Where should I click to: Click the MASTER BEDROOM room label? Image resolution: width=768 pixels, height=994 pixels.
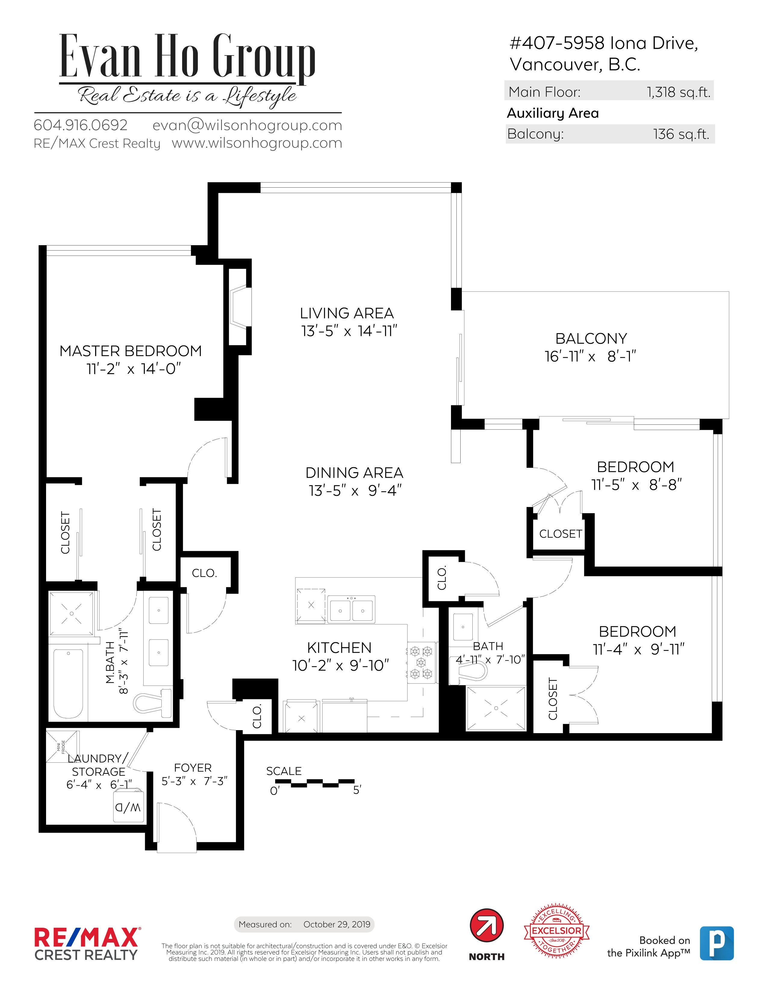pyautogui.click(x=131, y=351)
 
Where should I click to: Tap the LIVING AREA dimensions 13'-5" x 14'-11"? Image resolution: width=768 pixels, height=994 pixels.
pyautogui.click(x=349, y=331)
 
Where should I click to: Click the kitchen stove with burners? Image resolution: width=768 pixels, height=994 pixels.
pyautogui.click(x=421, y=662)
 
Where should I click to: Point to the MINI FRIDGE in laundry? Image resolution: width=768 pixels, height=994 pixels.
pyautogui.click(x=61, y=746)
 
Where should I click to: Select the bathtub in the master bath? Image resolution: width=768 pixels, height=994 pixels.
pyautogui.click(x=69, y=684)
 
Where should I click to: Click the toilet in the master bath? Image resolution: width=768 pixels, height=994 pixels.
pyautogui.click(x=152, y=702)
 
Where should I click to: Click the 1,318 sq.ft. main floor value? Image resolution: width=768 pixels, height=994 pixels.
pyautogui.click(x=678, y=92)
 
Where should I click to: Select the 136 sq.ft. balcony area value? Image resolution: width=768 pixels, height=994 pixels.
pyautogui.click(x=681, y=134)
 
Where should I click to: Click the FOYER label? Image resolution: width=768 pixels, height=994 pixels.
pyautogui.click(x=193, y=768)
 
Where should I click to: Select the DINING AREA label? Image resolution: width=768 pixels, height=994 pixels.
pyautogui.click(x=354, y=473)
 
